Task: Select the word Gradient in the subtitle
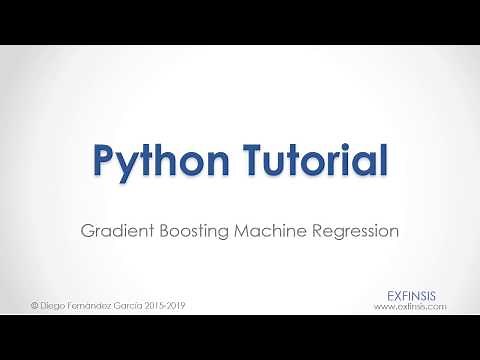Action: [x=114, y=231]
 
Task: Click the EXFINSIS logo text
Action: [x=416, y=295]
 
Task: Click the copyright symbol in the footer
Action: [x=35, y=303]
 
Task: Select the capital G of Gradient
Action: [x=87, y=230]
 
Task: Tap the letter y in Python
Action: [x=128, y=164]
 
